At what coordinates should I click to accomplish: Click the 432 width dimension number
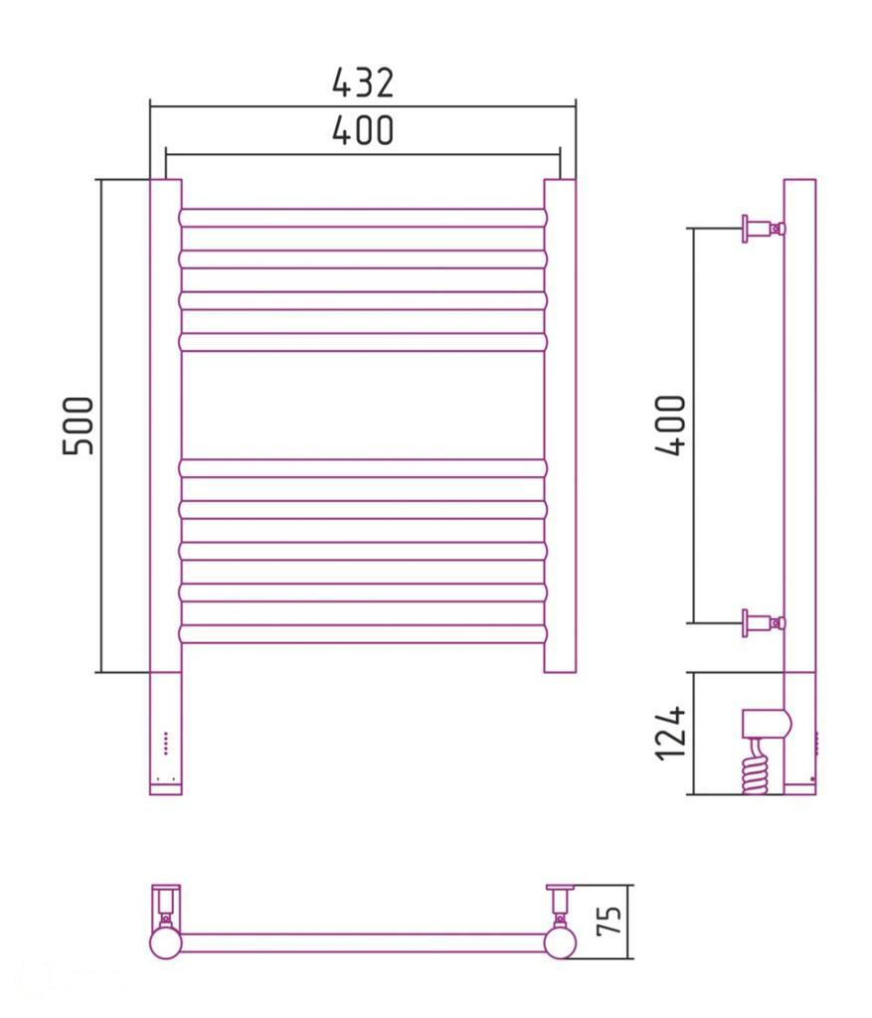[363, 83]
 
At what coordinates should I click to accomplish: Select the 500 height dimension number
[79, 425]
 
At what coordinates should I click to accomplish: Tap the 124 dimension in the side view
[670, 733]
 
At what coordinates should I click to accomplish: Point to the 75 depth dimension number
[610, 920]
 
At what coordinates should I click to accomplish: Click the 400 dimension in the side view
[670, 425]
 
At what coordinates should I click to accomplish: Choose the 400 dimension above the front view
[363, 130]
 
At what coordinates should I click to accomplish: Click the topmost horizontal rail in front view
[363, 218]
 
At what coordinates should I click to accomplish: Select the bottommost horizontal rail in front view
[363, 633]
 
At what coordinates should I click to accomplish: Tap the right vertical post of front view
[560, 425]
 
